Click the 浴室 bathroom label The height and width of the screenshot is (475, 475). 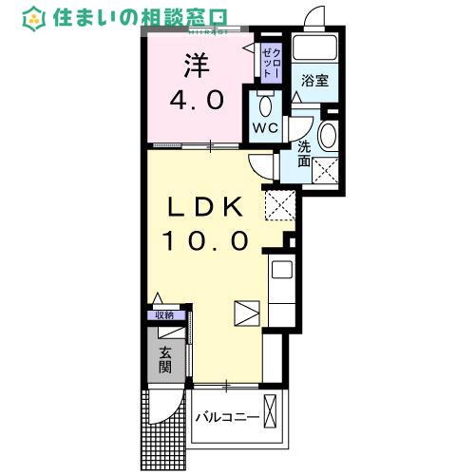[x=315, y=82]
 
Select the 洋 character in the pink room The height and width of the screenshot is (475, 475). [x=196, y=65]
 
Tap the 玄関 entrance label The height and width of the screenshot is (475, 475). [x=166, y=358]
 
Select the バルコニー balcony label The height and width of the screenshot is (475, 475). [x=228, y=417]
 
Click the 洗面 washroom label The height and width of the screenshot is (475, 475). [x=305, y=155]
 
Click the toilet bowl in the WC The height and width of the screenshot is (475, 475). [x=264, y=104]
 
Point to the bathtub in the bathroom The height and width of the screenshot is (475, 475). [x=314, y=48]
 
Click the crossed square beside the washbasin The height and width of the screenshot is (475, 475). [x=328, y=171]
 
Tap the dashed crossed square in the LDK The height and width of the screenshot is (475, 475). [x=279, y=202]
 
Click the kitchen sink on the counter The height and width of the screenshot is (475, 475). [x=282, y=270]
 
